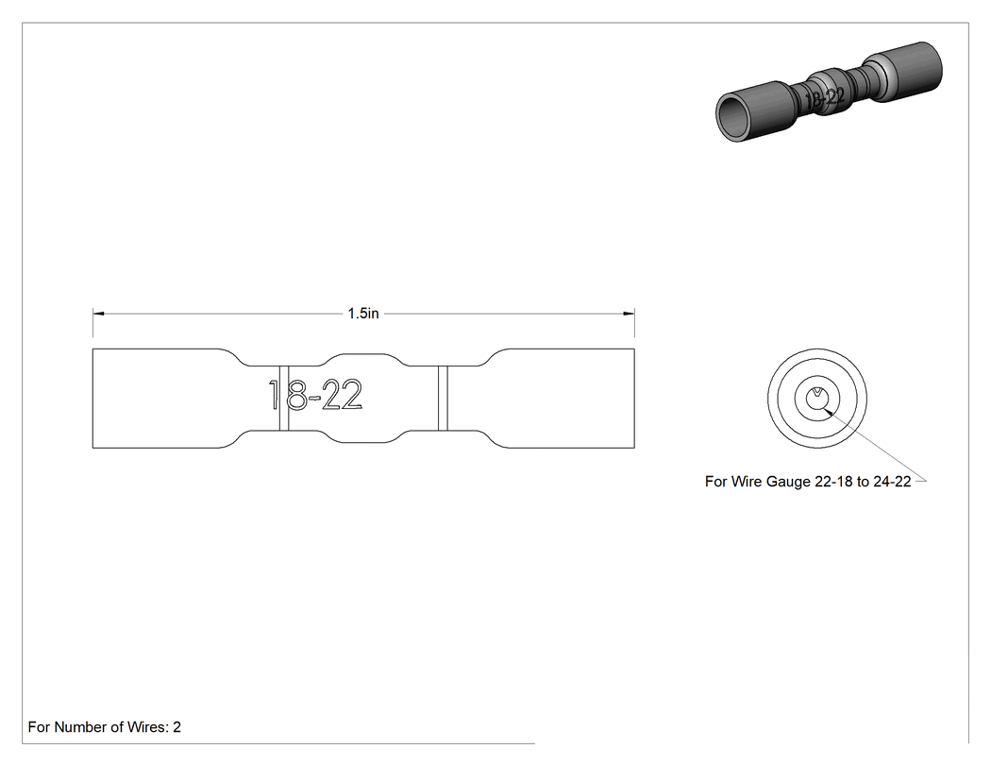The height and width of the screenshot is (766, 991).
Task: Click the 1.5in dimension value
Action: point(362,313)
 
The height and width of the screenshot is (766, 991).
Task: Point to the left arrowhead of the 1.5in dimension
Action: point(98,313)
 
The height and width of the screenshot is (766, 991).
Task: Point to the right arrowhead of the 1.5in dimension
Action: point(630,313)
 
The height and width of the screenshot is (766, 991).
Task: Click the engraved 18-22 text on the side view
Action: point(315,395)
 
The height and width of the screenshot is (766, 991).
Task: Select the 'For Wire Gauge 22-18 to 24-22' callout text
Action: point(808,482)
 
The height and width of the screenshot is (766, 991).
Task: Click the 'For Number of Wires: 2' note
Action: point(104,726)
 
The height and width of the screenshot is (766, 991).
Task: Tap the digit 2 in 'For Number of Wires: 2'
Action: point(177,726)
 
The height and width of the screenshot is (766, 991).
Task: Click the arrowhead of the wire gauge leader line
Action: point(829,413)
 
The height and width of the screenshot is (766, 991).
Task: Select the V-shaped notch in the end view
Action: point(817,395)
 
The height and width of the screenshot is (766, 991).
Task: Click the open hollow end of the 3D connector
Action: point(731,117)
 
